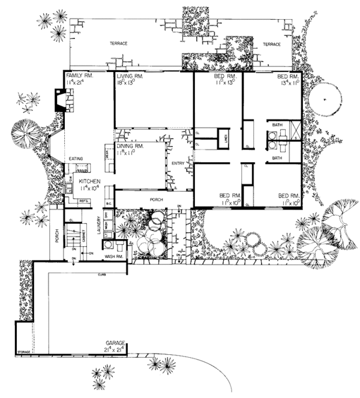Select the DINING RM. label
(x=130, y=146)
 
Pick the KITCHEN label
(x=88, y=181)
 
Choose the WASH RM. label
(x=114, y=256)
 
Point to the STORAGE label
(x=23, y=351)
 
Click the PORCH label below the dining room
(x=156, y=198)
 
